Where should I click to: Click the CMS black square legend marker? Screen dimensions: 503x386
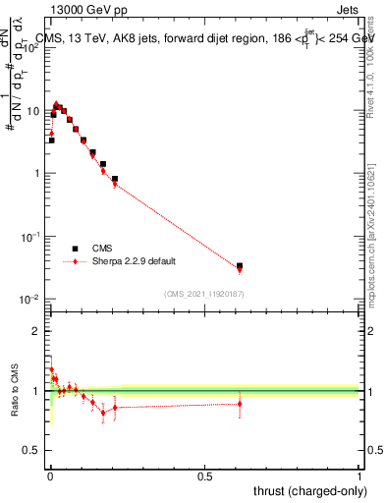coord(75,250)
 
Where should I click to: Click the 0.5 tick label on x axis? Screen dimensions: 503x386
coord(204,477)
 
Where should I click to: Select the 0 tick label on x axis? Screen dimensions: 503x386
coord(50,477)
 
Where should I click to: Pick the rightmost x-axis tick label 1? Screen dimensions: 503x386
coord(359,477)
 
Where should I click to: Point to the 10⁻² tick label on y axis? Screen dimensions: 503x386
coord(30,300)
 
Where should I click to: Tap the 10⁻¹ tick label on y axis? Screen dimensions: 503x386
coord(30,237)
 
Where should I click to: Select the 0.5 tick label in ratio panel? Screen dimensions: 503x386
coord(32,451)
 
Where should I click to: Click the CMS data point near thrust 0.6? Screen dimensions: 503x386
coord(240,265)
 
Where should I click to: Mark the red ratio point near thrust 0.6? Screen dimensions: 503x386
coord(240,403)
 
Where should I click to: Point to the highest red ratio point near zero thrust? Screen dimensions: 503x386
coord(51,369)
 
